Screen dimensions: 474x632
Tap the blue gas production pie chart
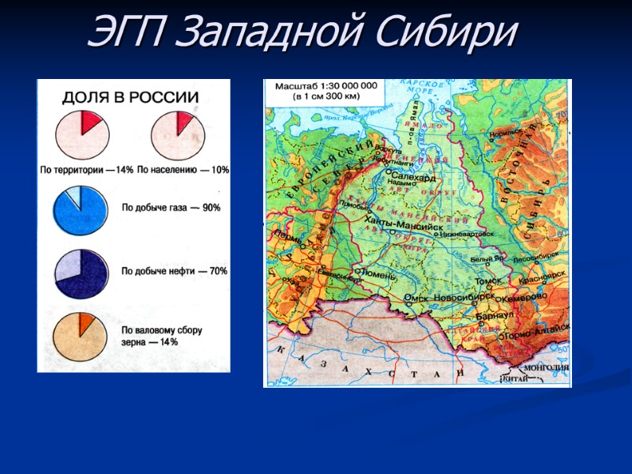point(80,209)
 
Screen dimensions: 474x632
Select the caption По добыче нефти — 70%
point(175,272)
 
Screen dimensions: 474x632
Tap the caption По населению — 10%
point(183,170)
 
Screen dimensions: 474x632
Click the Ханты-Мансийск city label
point(404,224)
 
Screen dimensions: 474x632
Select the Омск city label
point(415,297)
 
